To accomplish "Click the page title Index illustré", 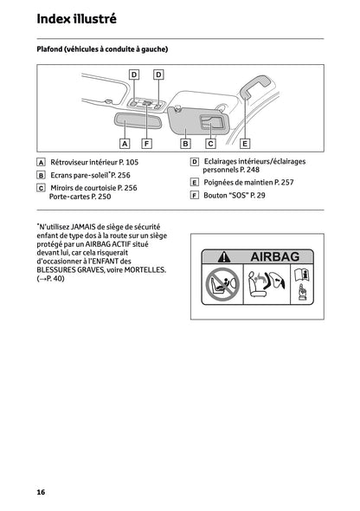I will (77, 17).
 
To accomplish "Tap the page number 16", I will (41, 492).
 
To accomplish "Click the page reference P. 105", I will (125, 162).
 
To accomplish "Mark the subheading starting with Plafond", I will (102, 49).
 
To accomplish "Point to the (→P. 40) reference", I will (50, 280).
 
